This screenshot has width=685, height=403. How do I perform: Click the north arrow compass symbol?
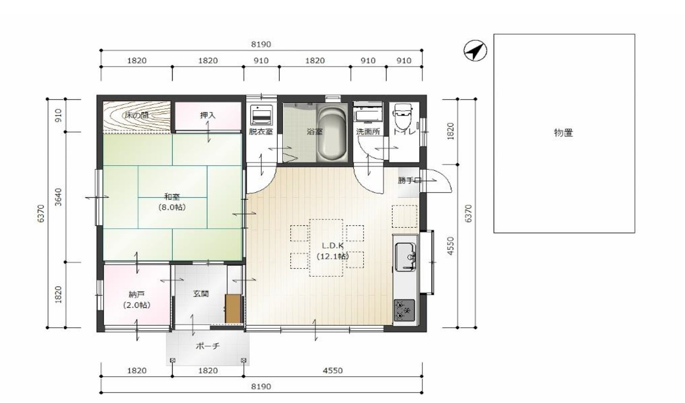(475, 50)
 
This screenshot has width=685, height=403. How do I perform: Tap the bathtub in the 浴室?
(332, 132)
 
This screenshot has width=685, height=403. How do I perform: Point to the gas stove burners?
(404, 310)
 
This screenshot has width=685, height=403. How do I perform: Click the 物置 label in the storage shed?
(563, 133)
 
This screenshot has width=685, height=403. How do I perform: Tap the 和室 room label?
(172, 196)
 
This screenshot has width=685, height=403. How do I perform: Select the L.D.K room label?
(333, 245)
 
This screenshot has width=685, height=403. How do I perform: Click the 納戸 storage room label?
(136, 295)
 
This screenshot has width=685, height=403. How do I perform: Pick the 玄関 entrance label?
(201, 294)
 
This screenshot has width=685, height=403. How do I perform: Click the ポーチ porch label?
(207, 346)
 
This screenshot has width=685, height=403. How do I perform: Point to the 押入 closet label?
(207, 115)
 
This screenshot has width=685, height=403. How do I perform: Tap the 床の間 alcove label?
(137, 115)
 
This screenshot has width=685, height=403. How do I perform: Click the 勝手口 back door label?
(410, 180)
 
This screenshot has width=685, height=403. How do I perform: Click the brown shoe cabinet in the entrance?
(233, 308)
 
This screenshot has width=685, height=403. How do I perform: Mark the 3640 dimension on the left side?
(58, 197)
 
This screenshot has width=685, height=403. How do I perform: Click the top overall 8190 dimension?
(261, 44)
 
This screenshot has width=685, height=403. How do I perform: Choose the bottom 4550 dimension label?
(333, 370)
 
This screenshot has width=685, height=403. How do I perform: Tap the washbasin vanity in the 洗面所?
(368, 114)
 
